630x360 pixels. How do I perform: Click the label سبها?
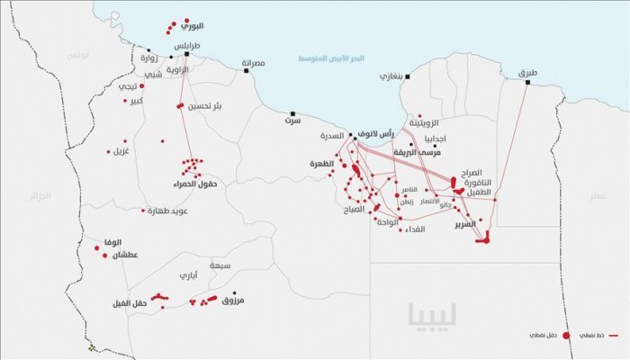pyautogui.click(x=218, y=266)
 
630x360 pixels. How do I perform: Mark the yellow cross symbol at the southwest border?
pyautogui.click(x=91, y=347)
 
